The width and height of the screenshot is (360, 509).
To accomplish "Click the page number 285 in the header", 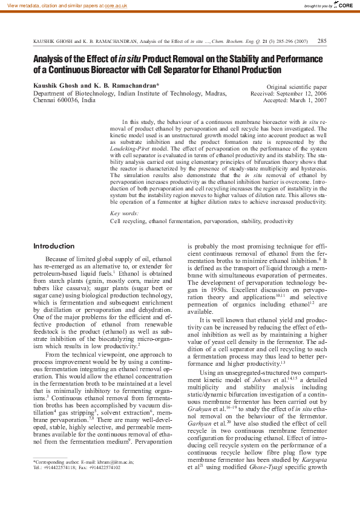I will pyautogui.click(x=322, y=41).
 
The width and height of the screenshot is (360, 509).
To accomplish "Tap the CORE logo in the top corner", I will pyautogui.click(x=344, y=5).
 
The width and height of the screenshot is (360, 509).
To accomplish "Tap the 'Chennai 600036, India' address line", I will pyautogui.click(x=64, y=101).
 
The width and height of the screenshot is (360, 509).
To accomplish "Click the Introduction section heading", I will pyautogui.click(x=54, y=247).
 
